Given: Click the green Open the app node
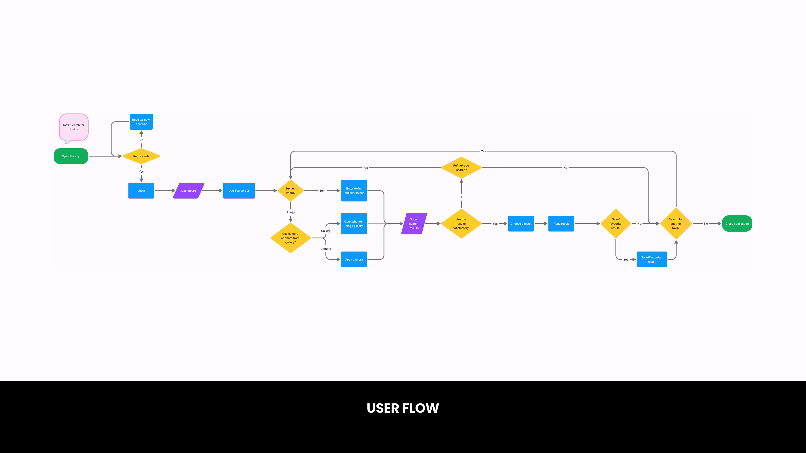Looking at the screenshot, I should coord(71,156).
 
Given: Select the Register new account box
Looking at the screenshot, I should coord(141,122).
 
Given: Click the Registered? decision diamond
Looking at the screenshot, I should coord(141,156).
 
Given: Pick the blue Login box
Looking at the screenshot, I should coord(141,191).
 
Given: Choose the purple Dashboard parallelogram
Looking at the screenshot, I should coord(189,191).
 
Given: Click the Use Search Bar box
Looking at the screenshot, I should coord(239,191).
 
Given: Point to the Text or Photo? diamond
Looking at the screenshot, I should coord(290,191).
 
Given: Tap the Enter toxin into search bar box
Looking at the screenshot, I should coord(353,191).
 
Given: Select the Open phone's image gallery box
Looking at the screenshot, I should coord(353,224).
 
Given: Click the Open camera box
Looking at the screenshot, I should coord(353,259).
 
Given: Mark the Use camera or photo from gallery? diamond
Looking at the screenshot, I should coord(290,238).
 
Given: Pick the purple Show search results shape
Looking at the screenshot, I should coord(414,224).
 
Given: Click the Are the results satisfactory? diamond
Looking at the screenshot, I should coord(461,224).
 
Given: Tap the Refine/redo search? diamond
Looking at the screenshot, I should coord(461,168).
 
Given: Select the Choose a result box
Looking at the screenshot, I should coord(521,224).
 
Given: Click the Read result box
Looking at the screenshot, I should coord(561,224).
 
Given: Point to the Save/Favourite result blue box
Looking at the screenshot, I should coord(652,259).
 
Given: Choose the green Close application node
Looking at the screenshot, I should coord(737,224).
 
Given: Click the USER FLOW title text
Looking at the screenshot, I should coord(403,408).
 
